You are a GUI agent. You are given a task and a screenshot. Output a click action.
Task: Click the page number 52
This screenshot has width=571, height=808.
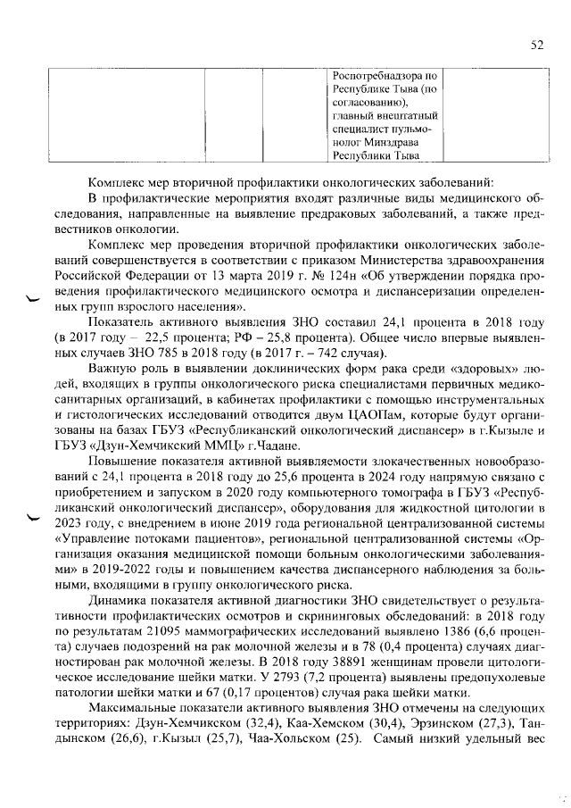(536, 46)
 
